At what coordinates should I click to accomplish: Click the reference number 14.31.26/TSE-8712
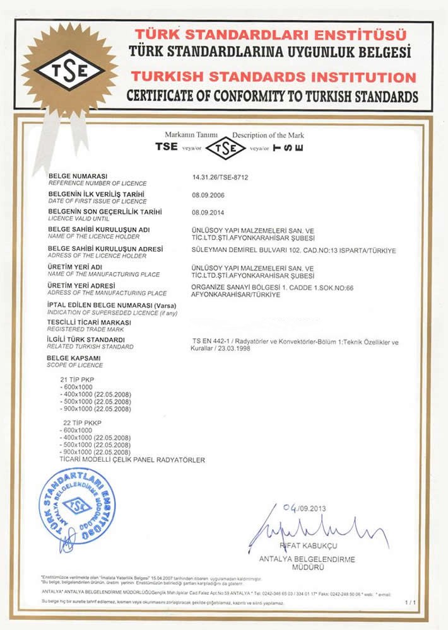tap(220, 178)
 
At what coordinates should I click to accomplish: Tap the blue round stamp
tap(77, 508)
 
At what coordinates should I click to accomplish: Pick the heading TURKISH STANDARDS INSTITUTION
tap(273, 77)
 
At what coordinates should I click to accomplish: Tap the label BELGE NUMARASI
tap(78, 175)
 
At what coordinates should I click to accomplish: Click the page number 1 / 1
tap(410, 603)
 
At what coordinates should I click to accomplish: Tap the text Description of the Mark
tap(268, 135)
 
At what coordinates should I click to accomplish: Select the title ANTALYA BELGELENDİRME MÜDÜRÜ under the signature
tap(307, 563)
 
